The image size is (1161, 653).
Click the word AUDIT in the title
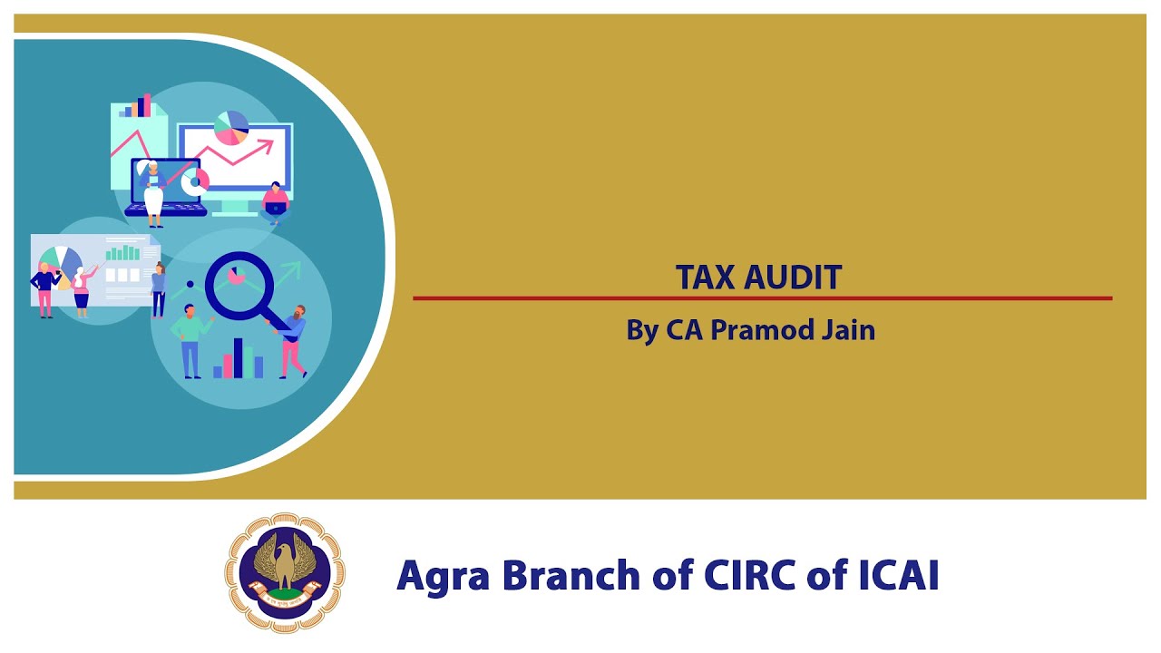tap(793, 278)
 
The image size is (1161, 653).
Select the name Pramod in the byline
tap(751, 329)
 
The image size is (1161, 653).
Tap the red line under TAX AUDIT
tap(762, 297)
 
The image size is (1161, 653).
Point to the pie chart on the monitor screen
tap(231, 128)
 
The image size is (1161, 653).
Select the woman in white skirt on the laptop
tap(151, 192)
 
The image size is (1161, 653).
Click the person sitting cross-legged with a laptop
tap(275, 203)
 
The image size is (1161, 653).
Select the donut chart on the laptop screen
tap(193, 181)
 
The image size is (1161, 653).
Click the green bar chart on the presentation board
tap(122, 252)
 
